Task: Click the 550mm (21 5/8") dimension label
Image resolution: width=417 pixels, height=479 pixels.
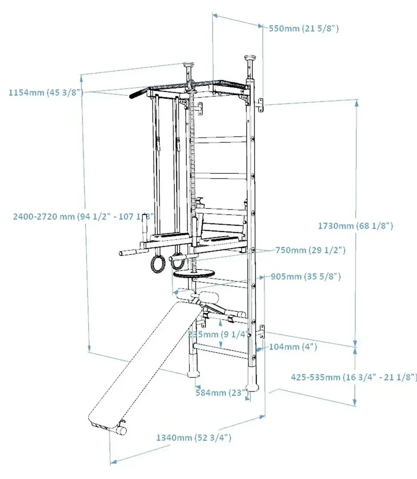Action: click(x=304, y=29)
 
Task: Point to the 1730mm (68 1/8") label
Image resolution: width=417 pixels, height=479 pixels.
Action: click(x=355, y=226)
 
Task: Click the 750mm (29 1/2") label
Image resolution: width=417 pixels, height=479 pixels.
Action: click(x=310, y=250)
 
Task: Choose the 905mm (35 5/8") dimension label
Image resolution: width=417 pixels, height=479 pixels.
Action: click(x=305, y=276)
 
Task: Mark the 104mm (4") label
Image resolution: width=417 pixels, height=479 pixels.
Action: click(x=293, y=347)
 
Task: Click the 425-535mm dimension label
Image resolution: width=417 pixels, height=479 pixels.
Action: click(x=354, y=377)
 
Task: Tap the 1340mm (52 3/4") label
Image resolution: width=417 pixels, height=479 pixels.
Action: click(x=193, y=438)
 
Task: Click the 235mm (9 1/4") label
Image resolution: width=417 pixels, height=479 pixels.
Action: click(x=216, y=334)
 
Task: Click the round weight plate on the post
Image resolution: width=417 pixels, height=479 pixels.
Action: click(x=193, y=274)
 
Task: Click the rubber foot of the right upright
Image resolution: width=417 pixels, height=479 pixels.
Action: click(x=253, y=381)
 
